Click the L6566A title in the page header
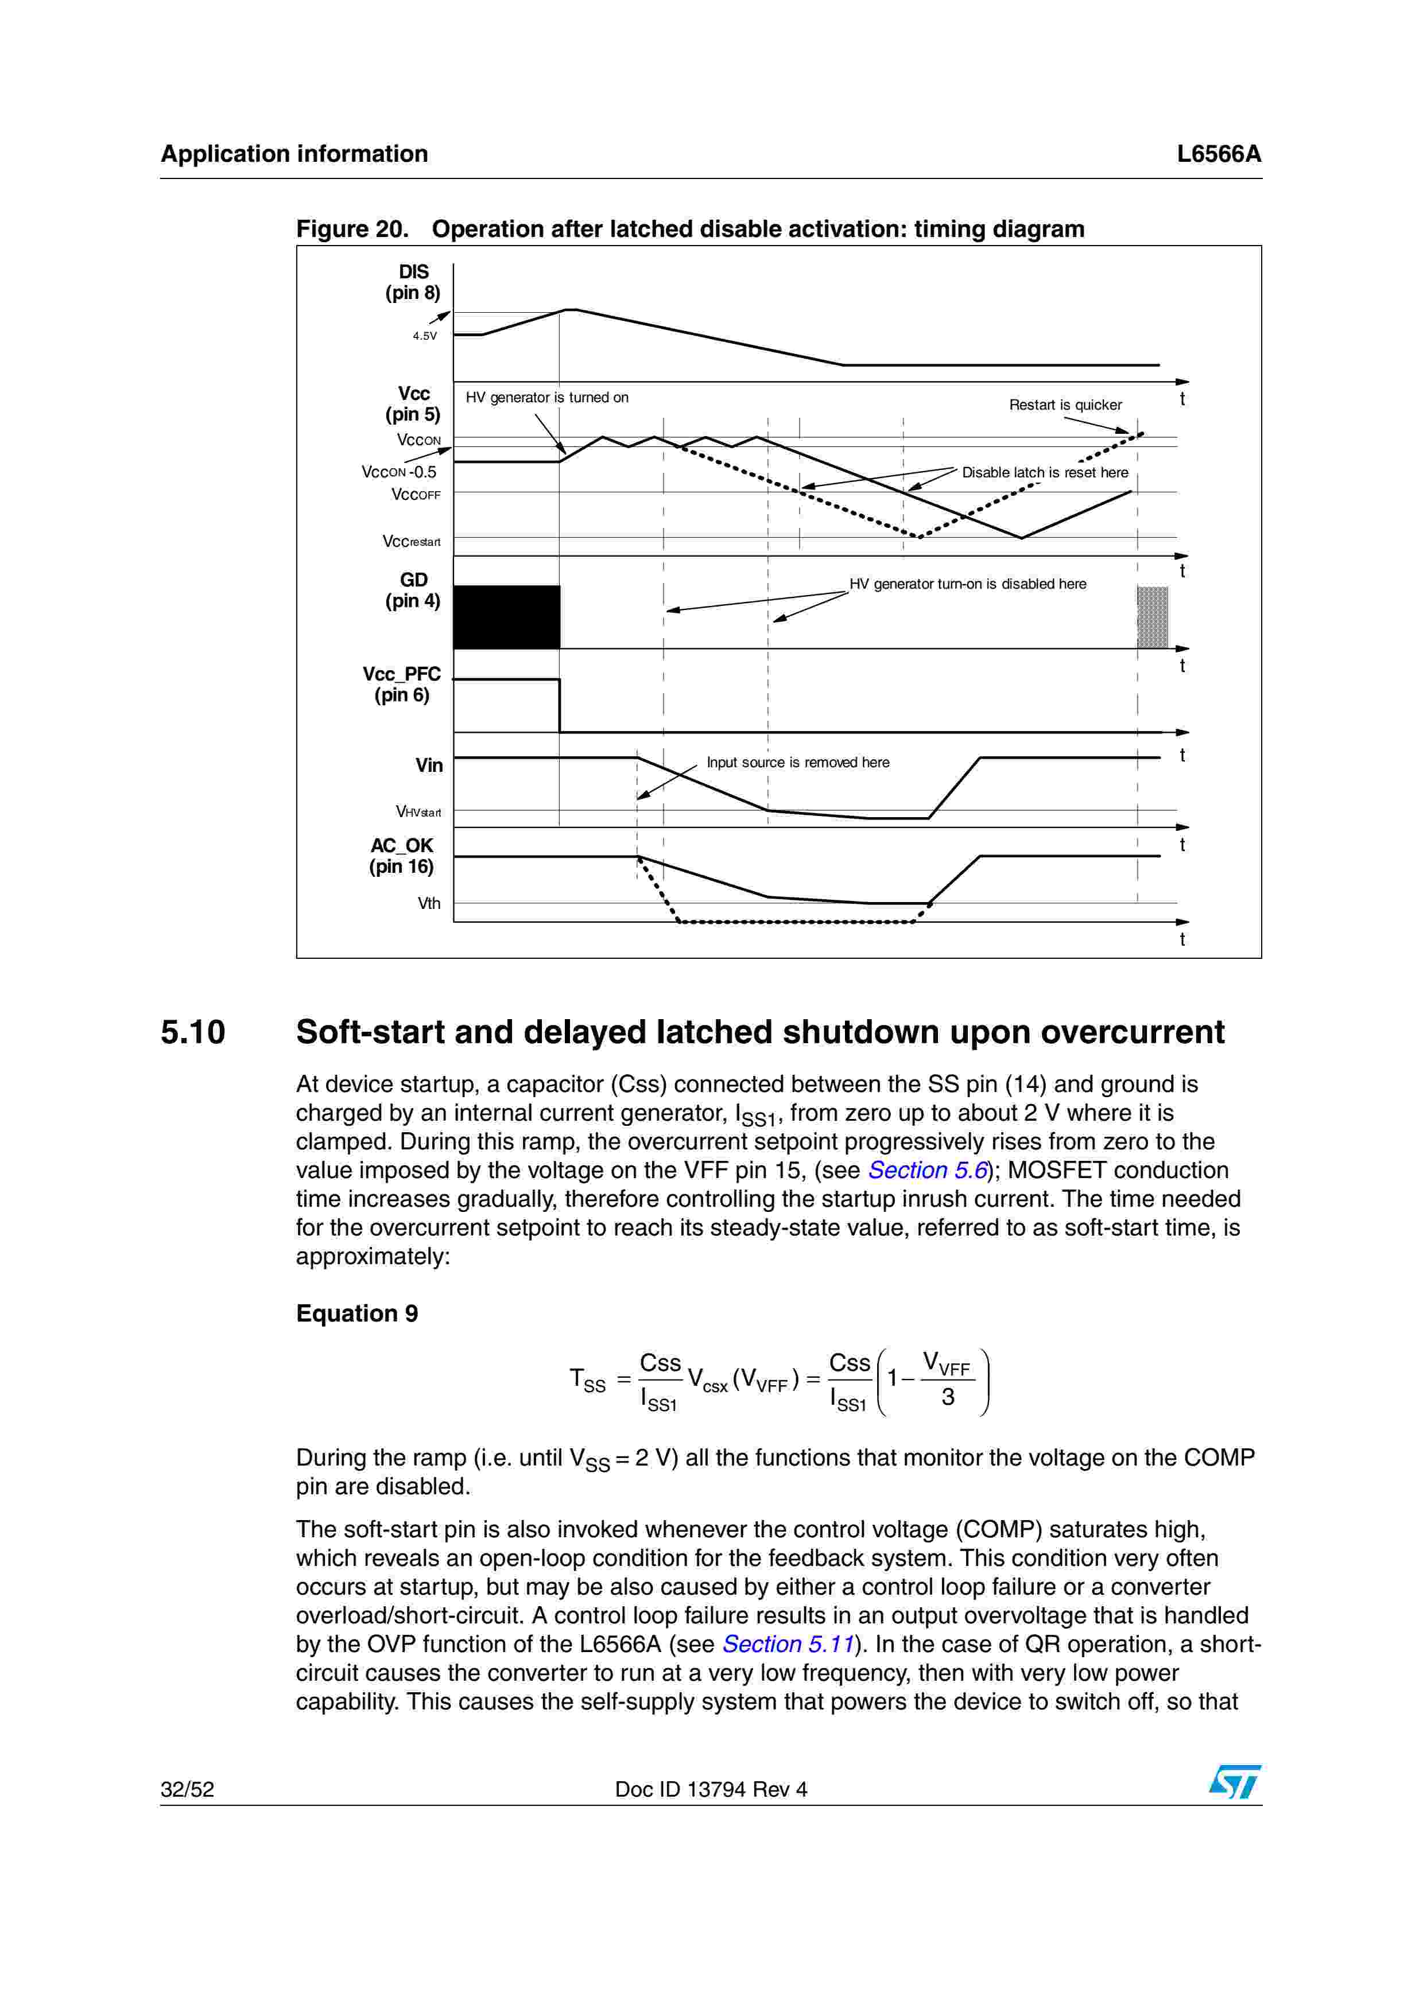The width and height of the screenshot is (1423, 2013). (1218, 154)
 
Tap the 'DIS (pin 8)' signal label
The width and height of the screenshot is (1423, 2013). (413, 282)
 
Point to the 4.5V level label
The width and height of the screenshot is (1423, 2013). (424, 336)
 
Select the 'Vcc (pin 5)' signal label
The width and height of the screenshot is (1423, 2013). (413, 403)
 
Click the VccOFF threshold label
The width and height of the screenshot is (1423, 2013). (416, 495)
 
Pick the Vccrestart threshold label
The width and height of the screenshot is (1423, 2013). (411, 542)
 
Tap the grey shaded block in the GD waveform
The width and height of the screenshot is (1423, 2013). (1152, 617)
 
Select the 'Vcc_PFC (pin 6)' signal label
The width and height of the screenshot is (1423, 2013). (402, 685)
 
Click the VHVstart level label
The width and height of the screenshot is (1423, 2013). (418, 812)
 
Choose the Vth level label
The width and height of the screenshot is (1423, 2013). (429, 903)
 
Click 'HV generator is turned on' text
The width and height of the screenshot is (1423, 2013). (546, 397)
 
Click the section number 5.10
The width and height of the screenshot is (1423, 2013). (193, 1032)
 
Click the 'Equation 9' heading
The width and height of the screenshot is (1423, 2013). (357, 1313)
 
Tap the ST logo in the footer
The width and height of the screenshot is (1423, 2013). (1235, 1782)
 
